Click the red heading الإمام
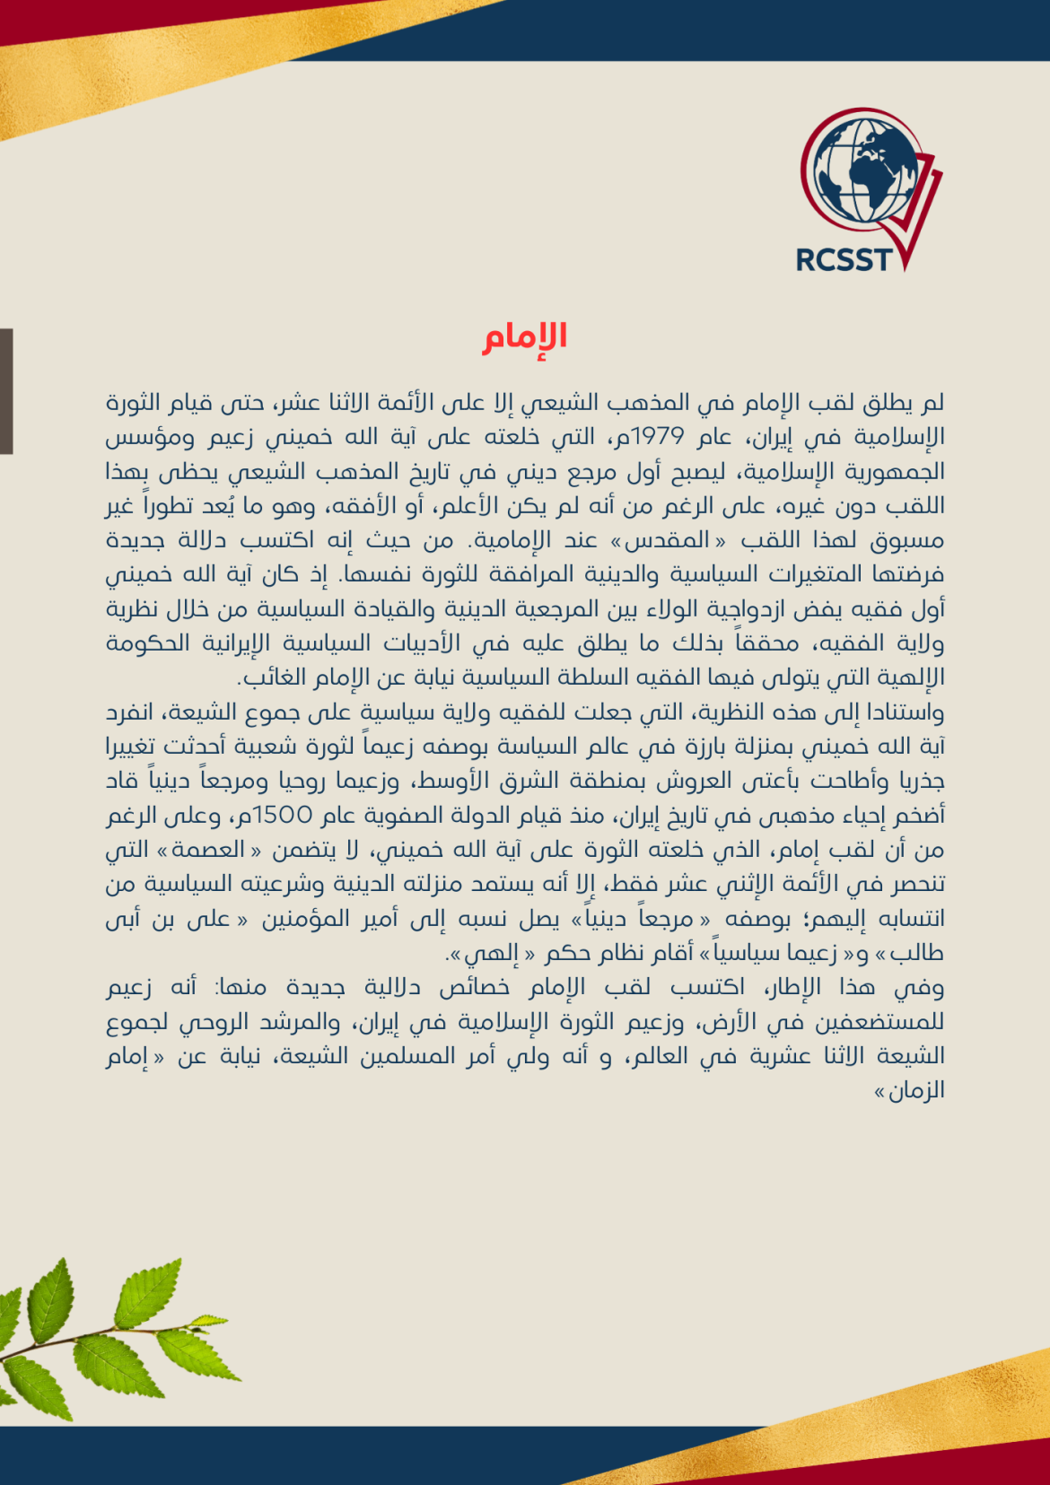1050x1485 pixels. click(x=525, y=337)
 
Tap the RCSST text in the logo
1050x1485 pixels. click(x=844, y=260)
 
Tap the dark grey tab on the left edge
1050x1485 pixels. click(x=6, y=391)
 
